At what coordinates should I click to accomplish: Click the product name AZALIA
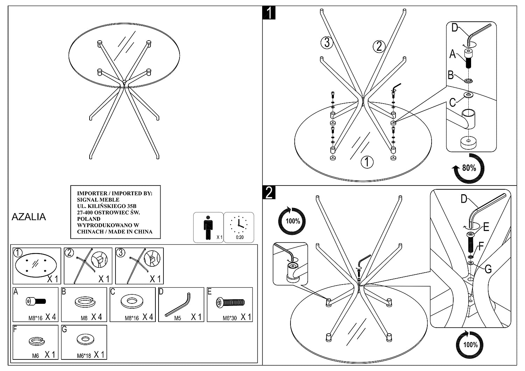(29, 217)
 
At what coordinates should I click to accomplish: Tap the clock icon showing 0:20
(239, 226)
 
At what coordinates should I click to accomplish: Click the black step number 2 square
(269, 192)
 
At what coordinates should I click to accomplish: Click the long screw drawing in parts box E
(230, 302)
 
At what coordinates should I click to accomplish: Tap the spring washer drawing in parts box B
(84, 302)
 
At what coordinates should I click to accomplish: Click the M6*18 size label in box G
(84, 356)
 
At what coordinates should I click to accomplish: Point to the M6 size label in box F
(35, 356)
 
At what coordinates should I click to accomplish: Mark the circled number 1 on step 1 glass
(367, 162)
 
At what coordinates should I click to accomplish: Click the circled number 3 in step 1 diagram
(327, 43)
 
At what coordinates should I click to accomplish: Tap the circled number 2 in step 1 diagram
(379, 46)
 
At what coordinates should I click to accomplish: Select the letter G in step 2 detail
(488, 269)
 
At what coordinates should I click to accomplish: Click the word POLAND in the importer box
(89, 219)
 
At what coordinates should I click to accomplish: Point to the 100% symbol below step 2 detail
(470, 345)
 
